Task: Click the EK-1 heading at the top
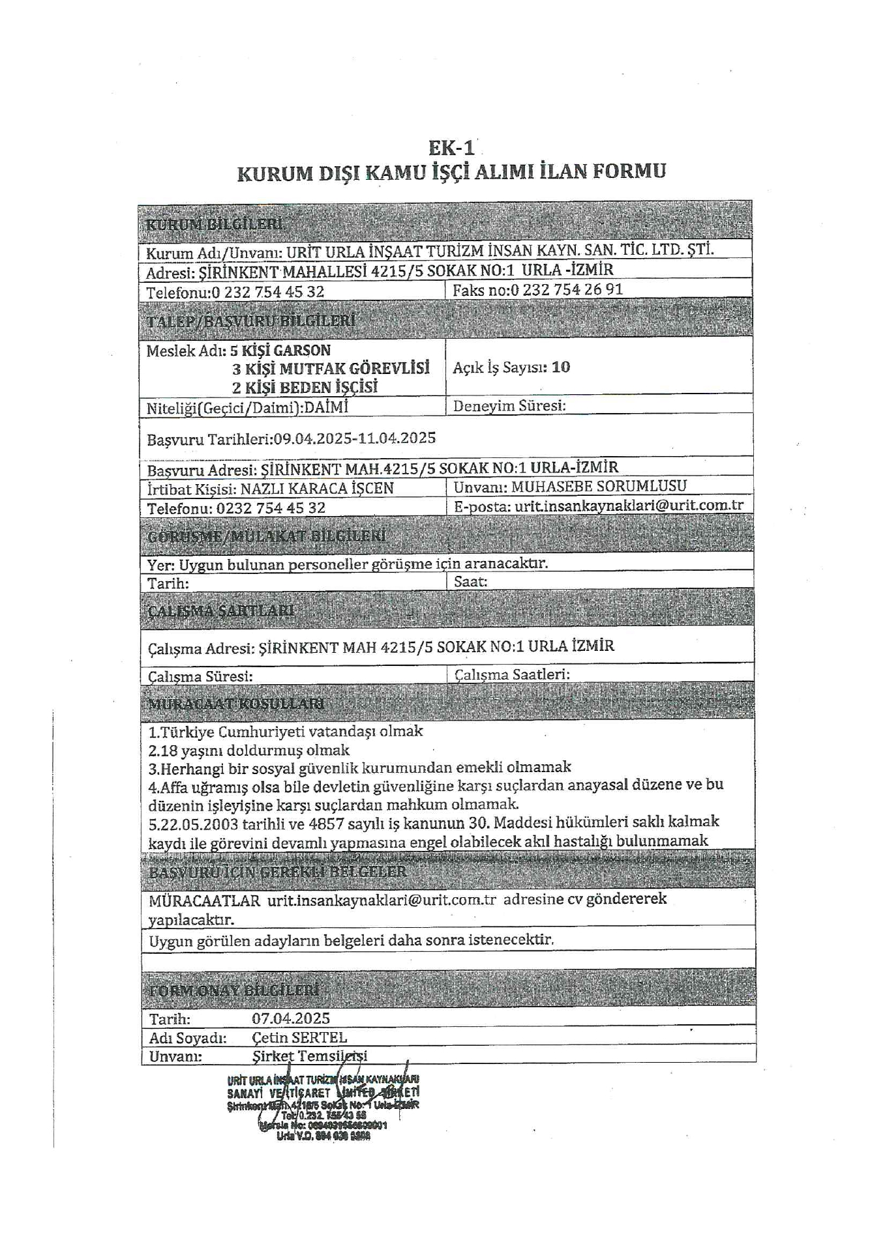pos(451,148)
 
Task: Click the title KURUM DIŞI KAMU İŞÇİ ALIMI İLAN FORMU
pos(451,173)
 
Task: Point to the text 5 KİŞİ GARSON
pos(280,351)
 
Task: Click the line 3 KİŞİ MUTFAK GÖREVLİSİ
pos(331,369)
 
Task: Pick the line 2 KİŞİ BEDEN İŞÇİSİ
pos(305,388)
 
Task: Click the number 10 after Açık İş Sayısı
pos(560,367)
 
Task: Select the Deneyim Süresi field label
pos(509,406)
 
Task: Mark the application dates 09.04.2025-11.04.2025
pos(355,439)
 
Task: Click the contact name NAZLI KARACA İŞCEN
pos(317,489)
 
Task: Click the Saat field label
pos(470,582)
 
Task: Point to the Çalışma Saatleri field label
pos(512,674)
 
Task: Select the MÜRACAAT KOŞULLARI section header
pos(236,704)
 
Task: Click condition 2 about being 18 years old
pos(249,751)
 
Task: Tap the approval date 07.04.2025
pos(291,1018)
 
